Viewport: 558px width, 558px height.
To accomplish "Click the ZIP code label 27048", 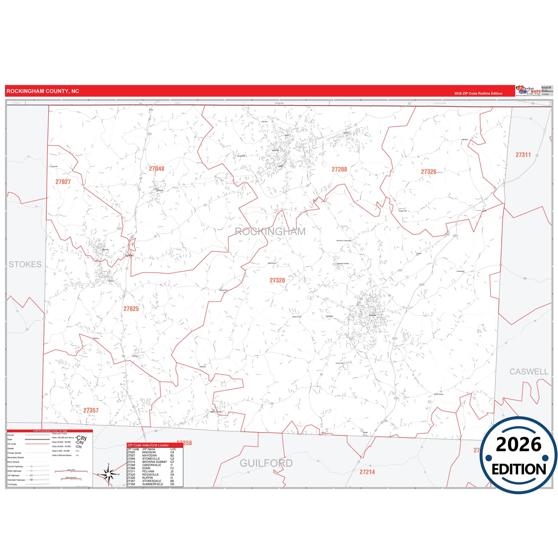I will (x=156, y=169).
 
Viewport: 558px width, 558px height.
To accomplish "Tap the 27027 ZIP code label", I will (x=63, y=182).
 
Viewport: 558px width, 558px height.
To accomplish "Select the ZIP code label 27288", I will (x=339, y=170).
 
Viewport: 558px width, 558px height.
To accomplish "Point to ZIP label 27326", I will (x=428, y=172).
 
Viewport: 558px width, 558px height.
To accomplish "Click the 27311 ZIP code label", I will (x=523, y=155).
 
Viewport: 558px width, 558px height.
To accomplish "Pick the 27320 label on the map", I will (x=277, y=281).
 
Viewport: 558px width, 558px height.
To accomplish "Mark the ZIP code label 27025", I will (x=131, y=309).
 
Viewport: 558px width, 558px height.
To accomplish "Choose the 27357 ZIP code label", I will (x=91, y=410).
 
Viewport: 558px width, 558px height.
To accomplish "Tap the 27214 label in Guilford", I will (x=367, y=472).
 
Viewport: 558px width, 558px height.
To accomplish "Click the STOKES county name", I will (x=25, y=265).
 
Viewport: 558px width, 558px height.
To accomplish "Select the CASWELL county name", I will (x=529, y=372).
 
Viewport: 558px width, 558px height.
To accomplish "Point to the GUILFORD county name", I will (x=266, y=463).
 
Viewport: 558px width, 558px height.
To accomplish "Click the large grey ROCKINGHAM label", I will (x=270, y=232).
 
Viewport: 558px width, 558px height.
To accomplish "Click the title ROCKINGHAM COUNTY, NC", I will (x=43, y=91).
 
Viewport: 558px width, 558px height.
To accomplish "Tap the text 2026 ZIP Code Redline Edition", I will (x=478, y=93).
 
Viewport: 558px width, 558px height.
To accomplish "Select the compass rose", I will (x=109, y=474).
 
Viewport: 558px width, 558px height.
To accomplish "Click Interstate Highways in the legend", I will (x=16, y=480).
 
